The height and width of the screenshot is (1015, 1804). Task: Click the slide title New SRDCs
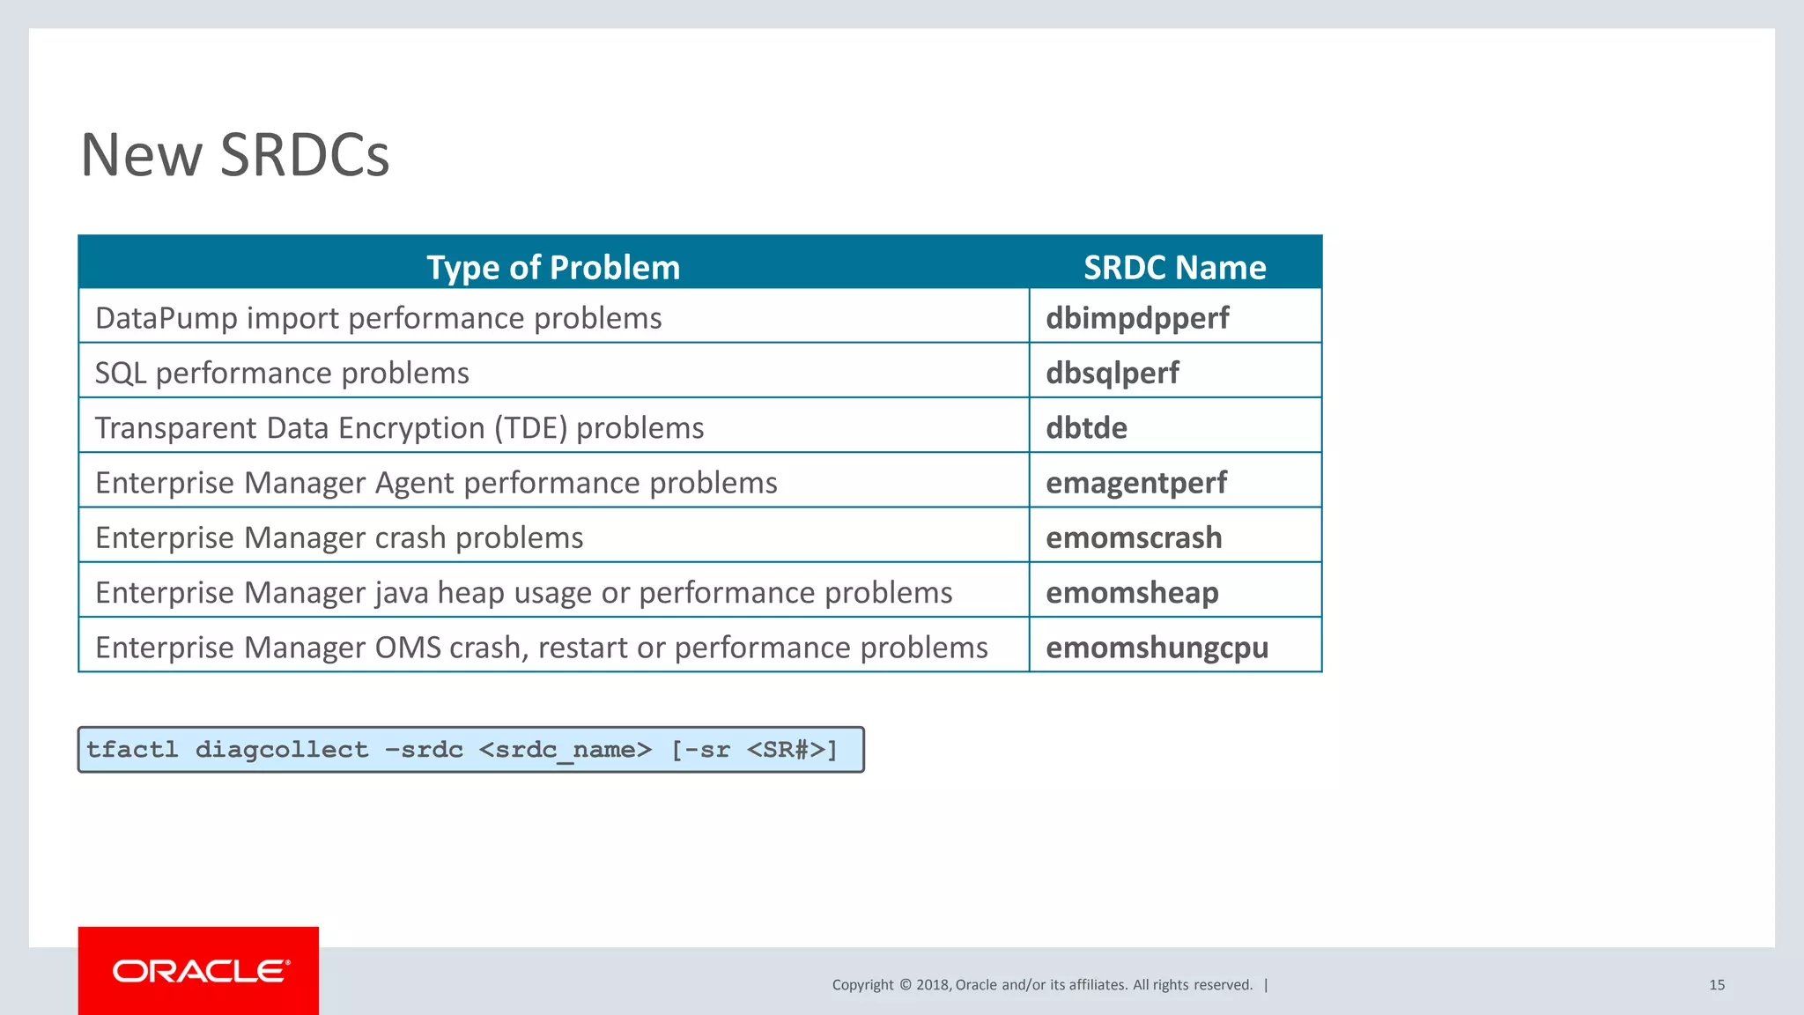coord(234,155)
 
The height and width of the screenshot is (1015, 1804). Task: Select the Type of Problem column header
coord(553,267)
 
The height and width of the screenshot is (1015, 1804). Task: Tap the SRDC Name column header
coord(1174,267)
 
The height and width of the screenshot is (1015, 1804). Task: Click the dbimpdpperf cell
coord(1137,318)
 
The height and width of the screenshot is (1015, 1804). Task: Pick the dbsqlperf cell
coord(1112,373)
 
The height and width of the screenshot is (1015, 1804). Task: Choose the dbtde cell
coord(1086,428)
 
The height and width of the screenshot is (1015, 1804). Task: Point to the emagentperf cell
coord(1135,483)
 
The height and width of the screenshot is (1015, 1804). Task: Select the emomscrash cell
coord(1134,537)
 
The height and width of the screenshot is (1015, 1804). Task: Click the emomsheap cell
coord(1132,592)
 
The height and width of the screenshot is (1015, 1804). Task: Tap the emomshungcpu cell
coord(1157,648)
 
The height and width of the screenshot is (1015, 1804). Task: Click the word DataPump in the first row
coord(166,318)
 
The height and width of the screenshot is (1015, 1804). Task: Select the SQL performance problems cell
coord(282,373)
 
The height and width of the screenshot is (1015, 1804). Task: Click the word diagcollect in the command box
coord(282,750)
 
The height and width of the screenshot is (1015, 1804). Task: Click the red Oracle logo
coord(199,971)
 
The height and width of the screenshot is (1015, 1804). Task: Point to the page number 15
coord(1716,985)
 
